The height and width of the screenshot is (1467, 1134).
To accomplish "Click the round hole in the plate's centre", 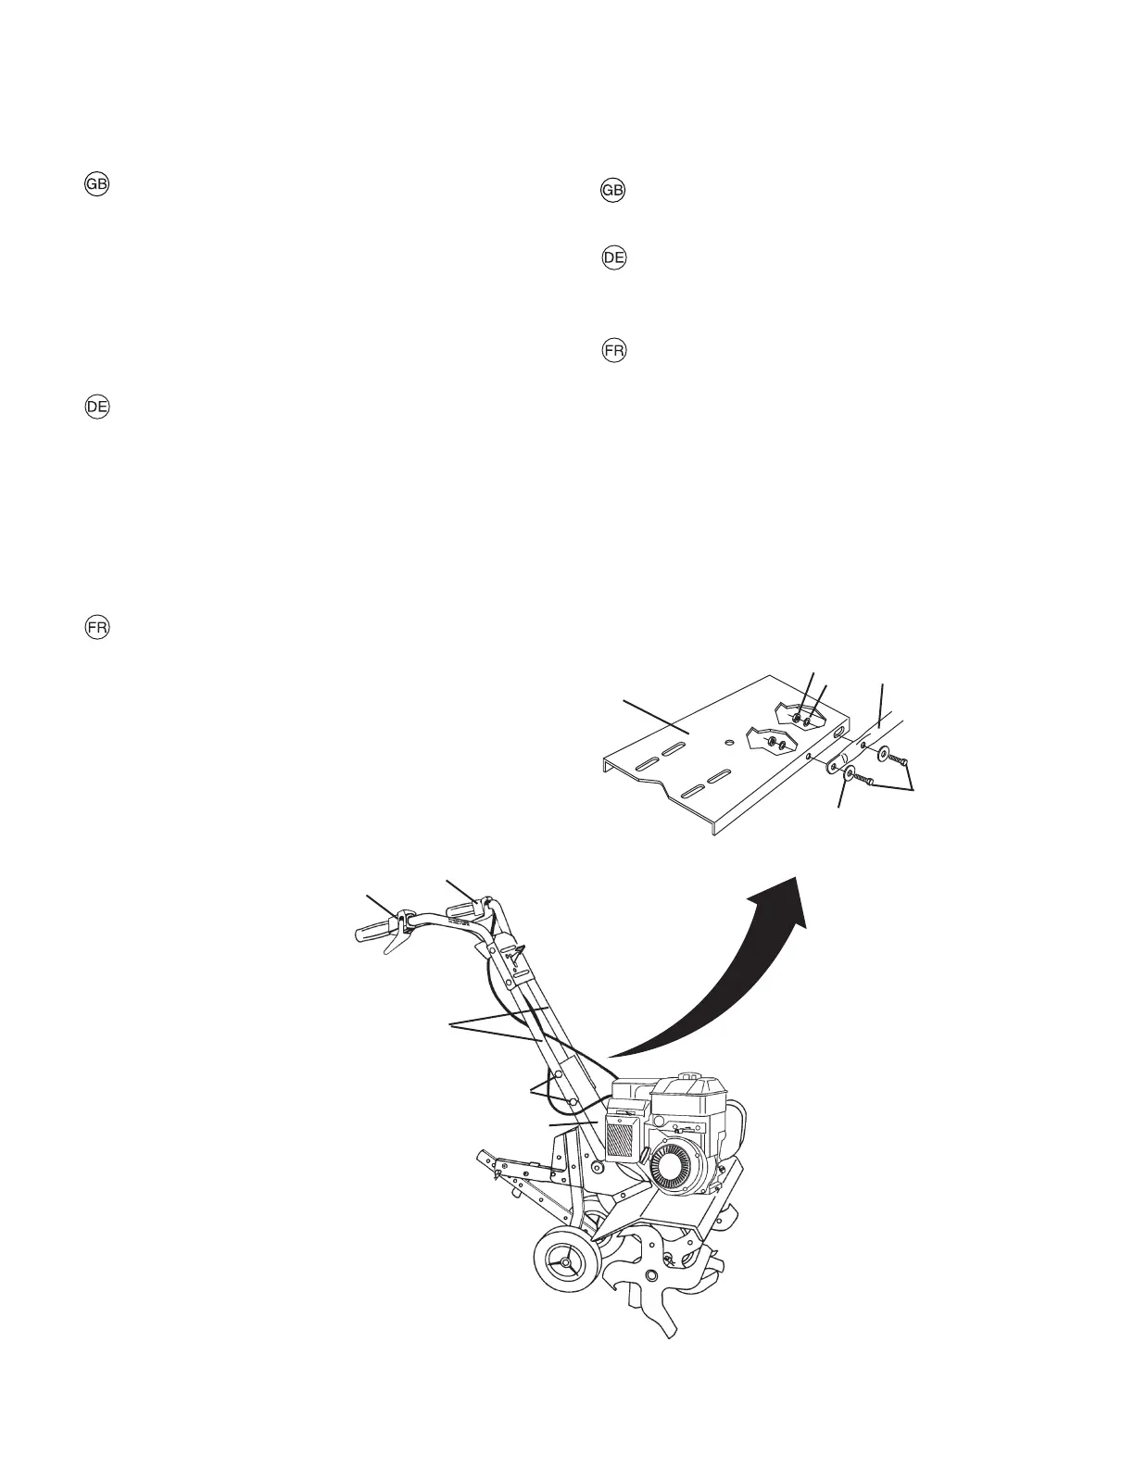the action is pos(730,741).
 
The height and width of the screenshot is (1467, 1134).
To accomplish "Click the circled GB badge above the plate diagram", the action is pos(613,191).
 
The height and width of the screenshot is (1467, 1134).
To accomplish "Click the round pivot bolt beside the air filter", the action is pos(597,1168).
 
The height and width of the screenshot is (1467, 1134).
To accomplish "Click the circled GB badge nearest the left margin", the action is pos(97,185).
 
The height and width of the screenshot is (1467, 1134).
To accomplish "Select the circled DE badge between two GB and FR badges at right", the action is pos(613,259).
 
